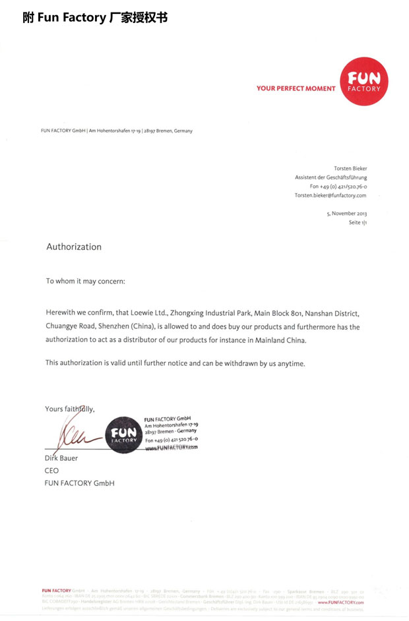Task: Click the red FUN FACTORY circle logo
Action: pos(364,81)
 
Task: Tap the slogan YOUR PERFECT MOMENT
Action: pos(296,88)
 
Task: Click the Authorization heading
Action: pos(74,247)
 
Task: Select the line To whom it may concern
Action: pos(85,281)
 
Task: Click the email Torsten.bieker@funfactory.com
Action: pos(330,195)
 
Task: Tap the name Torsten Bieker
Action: pos(350,168)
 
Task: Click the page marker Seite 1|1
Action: pos(358,223)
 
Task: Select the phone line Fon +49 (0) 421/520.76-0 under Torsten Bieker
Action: pos(338,187)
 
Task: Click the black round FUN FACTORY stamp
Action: pos(123,434)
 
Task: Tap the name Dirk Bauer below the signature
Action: pos(61,458)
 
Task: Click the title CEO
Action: pos(51,471)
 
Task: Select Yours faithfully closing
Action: pos(70,409)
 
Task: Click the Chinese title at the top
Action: pos(95,18)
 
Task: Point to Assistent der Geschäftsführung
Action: pos(330,177)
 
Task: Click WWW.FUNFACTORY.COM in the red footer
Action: pos(340,603)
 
